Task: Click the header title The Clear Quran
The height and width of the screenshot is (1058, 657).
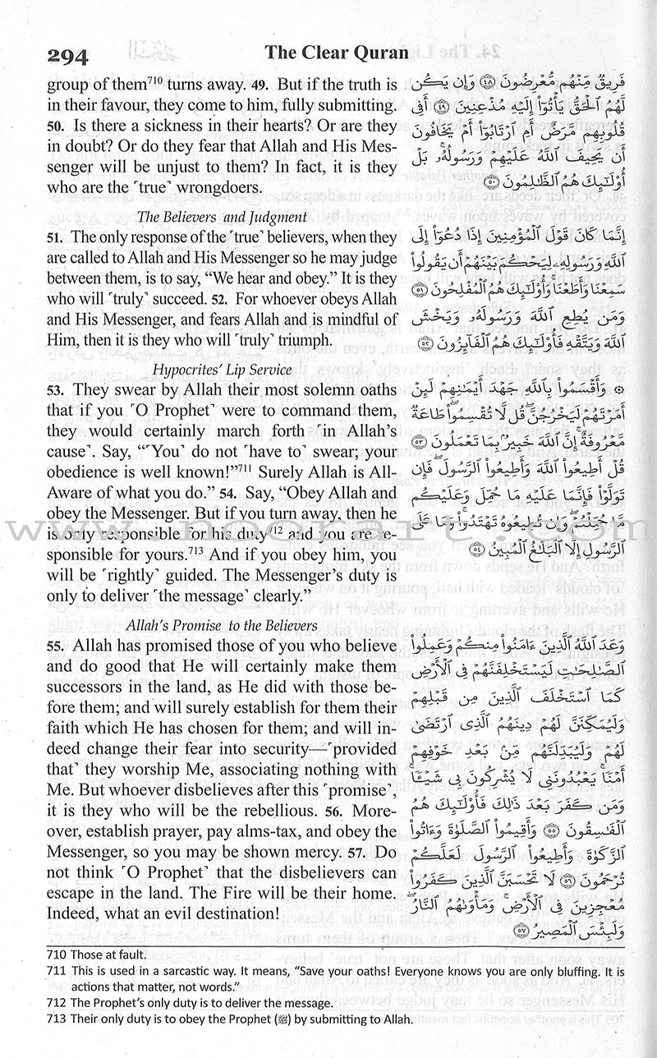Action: (336, 53)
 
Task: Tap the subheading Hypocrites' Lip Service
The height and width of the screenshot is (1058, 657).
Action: (201, 364)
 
